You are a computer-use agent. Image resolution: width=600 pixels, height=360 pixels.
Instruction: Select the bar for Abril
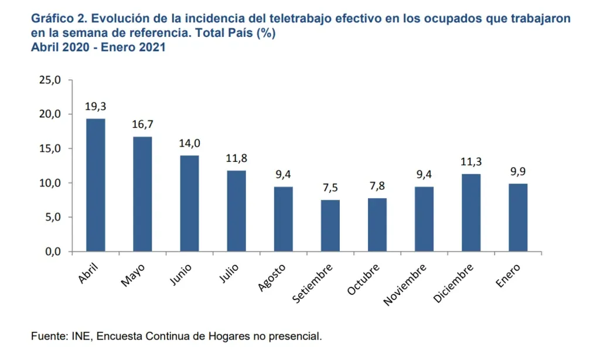click(x=96, y=185)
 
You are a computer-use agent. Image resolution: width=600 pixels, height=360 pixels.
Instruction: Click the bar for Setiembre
click(x=330, y=226)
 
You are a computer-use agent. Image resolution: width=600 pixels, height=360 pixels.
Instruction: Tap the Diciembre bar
click(x=471, y=213)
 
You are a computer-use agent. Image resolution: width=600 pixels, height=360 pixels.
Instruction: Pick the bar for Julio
click(x=236, y=211)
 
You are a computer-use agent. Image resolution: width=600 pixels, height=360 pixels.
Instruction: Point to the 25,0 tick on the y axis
click(x=49, y=80)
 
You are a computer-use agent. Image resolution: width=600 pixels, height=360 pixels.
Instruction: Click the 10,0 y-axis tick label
click(x=49, y=183)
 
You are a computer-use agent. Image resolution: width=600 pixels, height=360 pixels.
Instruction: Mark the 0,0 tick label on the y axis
click(x=52, y=252)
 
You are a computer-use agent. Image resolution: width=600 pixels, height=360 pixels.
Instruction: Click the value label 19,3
click(x=96, y=107)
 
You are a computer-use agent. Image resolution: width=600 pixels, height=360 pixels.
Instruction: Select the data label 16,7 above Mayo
click(x=142, y=125)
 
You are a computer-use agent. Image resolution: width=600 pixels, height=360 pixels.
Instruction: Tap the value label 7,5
click(x=330, y=188)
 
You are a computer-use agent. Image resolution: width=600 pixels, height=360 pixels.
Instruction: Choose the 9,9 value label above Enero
click(x=518, y=172)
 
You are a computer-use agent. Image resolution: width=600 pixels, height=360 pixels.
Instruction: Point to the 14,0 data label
click(x=189, y=144)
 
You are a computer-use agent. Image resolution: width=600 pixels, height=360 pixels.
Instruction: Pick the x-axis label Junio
click(x=181, y=274)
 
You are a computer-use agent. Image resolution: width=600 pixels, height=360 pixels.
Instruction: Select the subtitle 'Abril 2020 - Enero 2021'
click(x=98, y=47)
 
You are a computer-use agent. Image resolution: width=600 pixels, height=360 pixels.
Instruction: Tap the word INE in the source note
click(x=80, y=337)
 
